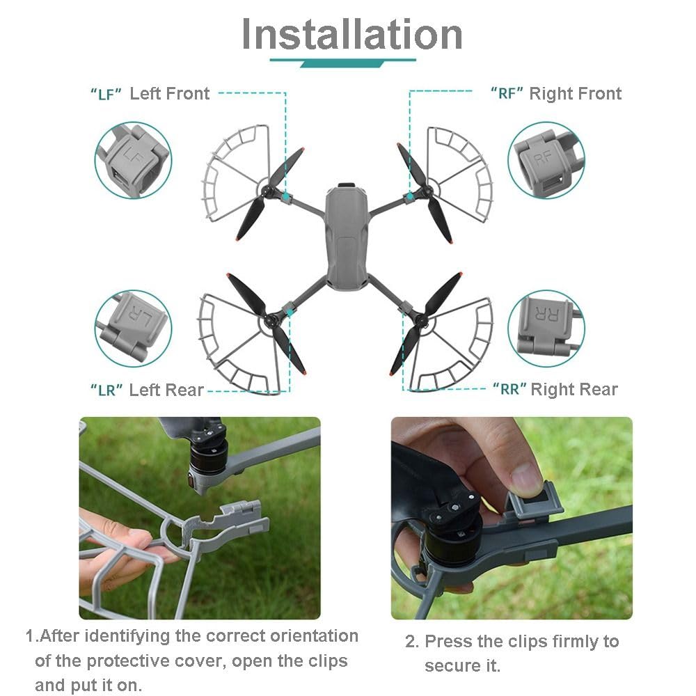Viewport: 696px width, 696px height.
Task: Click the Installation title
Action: [x=351, y=33]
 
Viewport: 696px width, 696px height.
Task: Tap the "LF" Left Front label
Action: [x=150, y=94]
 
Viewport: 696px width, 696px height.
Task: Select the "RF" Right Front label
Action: [x=555, y=94]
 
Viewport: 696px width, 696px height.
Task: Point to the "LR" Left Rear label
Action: [x=147, y=390]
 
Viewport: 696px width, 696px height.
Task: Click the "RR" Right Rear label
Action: [x=555, y=389]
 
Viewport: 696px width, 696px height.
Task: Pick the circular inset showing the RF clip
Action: [x=546, y=161]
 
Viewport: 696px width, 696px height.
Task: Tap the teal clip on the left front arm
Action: [x=285, y=198]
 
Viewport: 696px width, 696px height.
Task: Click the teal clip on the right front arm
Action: [x=410, y=198]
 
